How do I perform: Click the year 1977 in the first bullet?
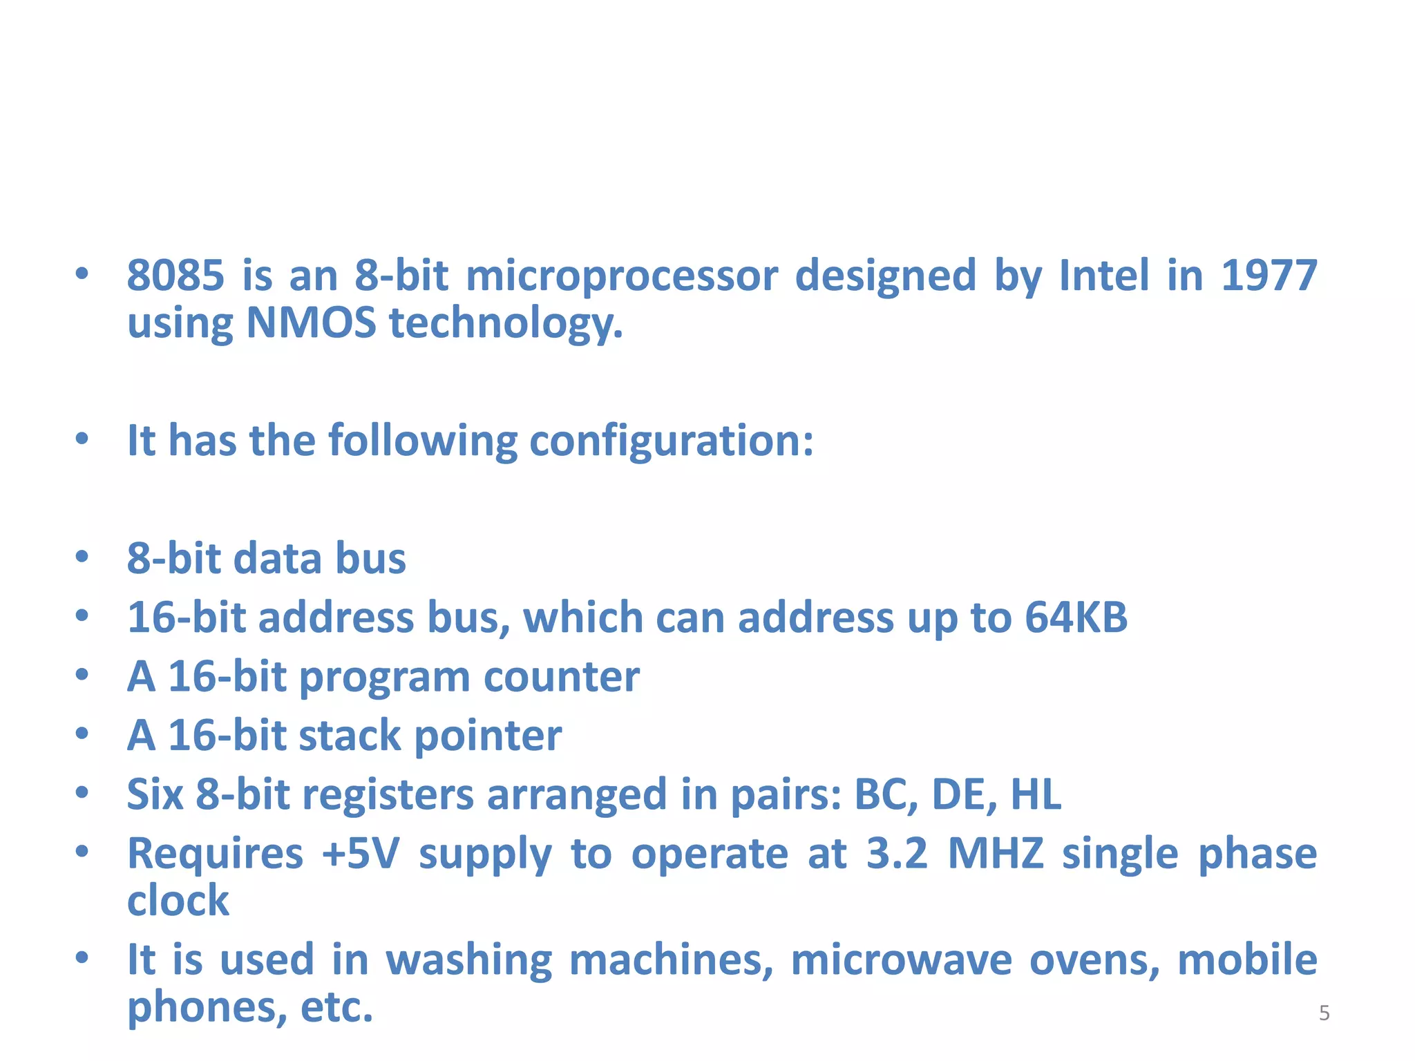[x=1269, y=276]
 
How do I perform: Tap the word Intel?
[x=1104, y=276]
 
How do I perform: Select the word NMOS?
[x=311, y=323]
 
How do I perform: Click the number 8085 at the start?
[x=176, y=276]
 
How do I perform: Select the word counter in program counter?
[x=561, y=677]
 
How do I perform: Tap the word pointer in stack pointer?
[x=488, y=736]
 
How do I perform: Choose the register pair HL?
[x=1036, y=794]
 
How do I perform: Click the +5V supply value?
[x=361, y=854]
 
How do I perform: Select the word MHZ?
[x=995, y=854]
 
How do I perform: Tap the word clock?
[x=178, y=901]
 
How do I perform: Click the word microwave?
[x=901, y=960]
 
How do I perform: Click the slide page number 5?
[x=1324, y=1013]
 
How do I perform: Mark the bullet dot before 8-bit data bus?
[x=82, y=557]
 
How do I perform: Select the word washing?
[x=469, y=961]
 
